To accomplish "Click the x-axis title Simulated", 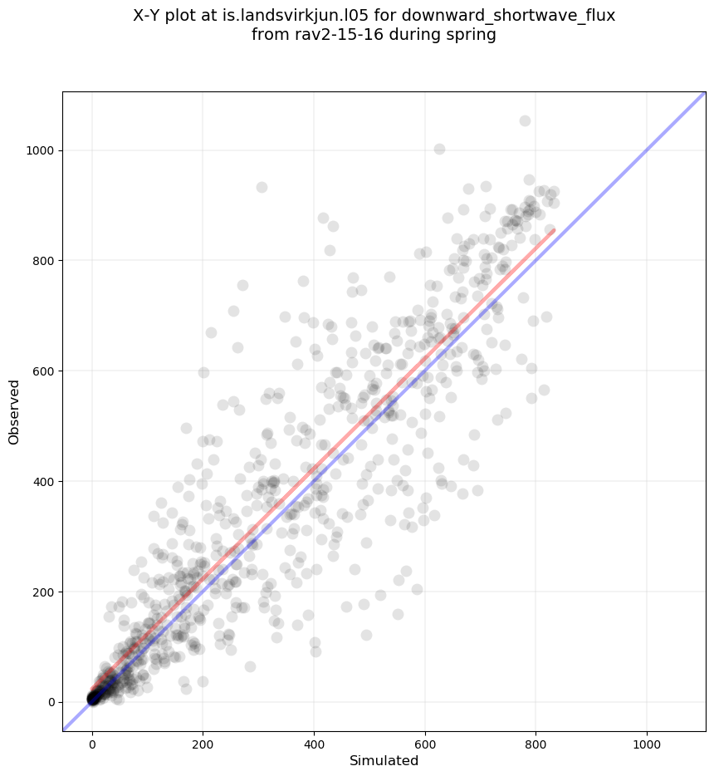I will click(x=384, y=760).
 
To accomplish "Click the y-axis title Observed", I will click(x=14, y=411).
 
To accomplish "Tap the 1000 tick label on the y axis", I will click(x=41, y=150).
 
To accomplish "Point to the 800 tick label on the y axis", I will click(x=43, y=261).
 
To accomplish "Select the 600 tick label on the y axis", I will click(x=43, y=371).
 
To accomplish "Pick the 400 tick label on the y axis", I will click(x=43, y=482).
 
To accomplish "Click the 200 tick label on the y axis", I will click(x=43, y=592).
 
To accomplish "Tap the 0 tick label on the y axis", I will click(x=51, y=702).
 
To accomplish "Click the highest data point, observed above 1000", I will click(x=525, y=120).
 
